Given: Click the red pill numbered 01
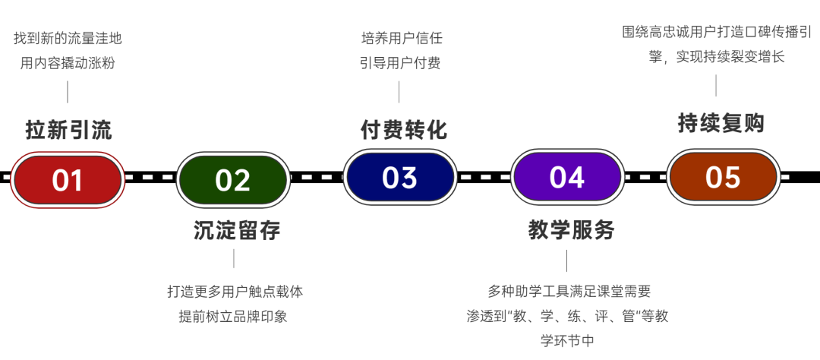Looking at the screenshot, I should pyautogui.click(x=68, y=179).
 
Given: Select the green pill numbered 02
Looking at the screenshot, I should pyautogui.click(x=232, y=180).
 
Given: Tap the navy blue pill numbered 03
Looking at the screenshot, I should pyautogui.click(x=399, y=177).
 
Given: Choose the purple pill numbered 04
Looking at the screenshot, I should pyautogui.click(x=566, y=177).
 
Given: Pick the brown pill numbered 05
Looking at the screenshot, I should pyautogui.click(x=722, y=176).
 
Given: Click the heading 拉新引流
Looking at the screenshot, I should pyautogui.click(x=68, y=130).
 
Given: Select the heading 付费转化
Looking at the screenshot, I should pyautogui.click(x=403, y=130).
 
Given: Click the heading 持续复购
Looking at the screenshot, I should pyautogui.click(x=721, y=123).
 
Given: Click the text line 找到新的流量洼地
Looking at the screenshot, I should pyautogui.click(x=68, y=38).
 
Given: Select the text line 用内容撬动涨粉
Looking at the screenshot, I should pyautogui.click(x=68, y=63).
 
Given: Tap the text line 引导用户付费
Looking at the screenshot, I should pyautogui.click(x=400, y=62).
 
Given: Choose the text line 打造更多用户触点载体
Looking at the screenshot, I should pyautogui.click(x=235, y=291).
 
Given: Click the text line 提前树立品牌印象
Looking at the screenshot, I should pyautogui.click(x=233, y=316).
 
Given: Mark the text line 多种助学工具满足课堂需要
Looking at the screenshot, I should pyautogui.click(x=569, y=291).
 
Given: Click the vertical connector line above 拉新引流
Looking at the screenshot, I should pyautogui.click(x=68, y=92).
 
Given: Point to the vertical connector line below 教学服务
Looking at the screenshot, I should pyautogui.click(x=567, y=261).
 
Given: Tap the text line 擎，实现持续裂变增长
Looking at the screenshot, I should pyautogui.click(x=716, y=57).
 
